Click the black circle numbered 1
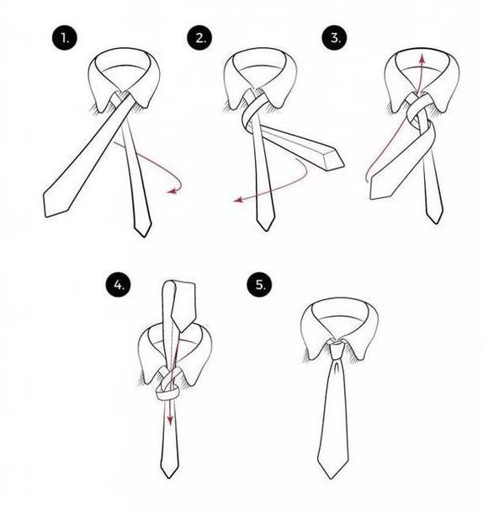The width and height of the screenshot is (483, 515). click(x=65, y=38)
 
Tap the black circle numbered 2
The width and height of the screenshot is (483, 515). click(x=199, y=38)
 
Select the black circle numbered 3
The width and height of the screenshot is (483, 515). click(x=334, y=38)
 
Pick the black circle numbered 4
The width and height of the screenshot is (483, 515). click(x=119, y=284)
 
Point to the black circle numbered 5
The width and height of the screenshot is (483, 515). click(x=259, y=284)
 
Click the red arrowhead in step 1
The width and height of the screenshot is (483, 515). click(x=172, y=190)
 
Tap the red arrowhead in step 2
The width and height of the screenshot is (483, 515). click(x=237, y=200)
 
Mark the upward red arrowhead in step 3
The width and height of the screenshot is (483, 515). click(x=422, y=59)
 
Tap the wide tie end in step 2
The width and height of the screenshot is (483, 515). click(x=334, y=160)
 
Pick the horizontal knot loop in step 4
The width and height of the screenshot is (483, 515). click(x=167, y=393)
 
